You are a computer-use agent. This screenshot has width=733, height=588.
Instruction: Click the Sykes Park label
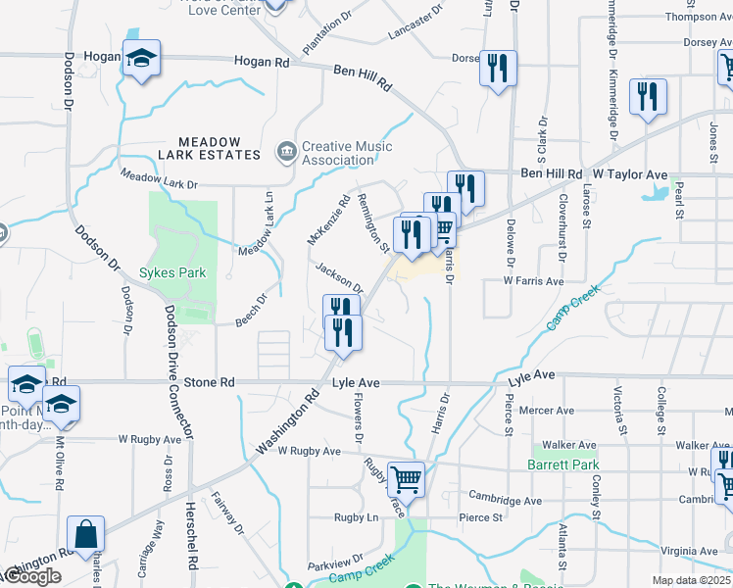point(172,272)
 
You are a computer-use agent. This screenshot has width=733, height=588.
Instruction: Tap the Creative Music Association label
point(347,153)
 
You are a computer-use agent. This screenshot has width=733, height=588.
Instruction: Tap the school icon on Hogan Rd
point(141,58)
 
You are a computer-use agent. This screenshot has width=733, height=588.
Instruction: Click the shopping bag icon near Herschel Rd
point(85,535)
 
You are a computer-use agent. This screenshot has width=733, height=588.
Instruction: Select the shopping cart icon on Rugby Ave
point(406,479)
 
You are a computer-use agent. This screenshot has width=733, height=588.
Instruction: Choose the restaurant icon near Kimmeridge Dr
point(648,97)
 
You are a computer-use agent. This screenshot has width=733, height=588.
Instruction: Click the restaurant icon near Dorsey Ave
point(498,69)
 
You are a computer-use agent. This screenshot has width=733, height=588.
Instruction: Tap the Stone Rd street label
point(210,382)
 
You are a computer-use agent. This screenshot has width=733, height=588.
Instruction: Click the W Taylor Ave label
point(627,174)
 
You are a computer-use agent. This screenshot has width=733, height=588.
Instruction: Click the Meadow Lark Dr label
point(159,179)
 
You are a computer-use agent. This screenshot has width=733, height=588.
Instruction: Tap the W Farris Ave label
point(534,281)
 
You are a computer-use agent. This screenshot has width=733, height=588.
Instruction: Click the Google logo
point(31,576)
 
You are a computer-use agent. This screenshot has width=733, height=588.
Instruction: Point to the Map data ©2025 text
point(692,580)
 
